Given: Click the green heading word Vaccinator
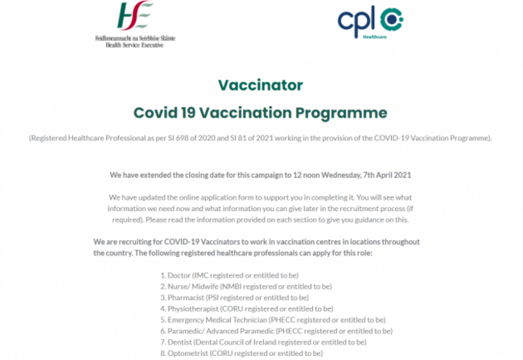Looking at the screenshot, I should (260, 85).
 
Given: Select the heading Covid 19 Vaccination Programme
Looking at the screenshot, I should (260, 113).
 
